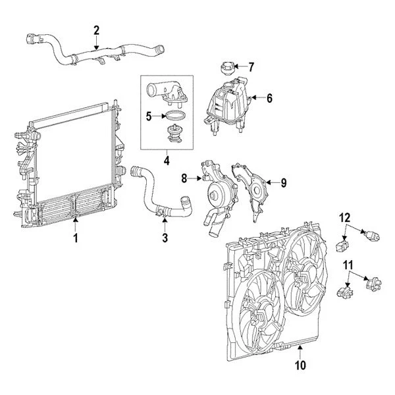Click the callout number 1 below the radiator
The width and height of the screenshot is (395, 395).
(76, 238)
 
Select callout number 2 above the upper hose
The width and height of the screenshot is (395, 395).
(97, 30)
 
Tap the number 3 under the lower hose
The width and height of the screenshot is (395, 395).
(165, 237)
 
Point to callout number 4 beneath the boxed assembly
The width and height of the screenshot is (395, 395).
(167, 160)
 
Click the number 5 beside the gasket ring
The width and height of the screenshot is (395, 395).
(149, 117)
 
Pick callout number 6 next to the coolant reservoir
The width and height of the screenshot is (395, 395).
(269, 98)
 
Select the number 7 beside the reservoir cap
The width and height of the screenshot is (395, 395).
(250, 66)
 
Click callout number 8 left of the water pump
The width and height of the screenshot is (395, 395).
(185, 177)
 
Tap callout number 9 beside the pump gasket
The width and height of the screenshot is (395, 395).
(284, 183)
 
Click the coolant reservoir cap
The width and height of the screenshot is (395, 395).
(224, 68)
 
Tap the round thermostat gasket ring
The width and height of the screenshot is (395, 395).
(173, 117)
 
